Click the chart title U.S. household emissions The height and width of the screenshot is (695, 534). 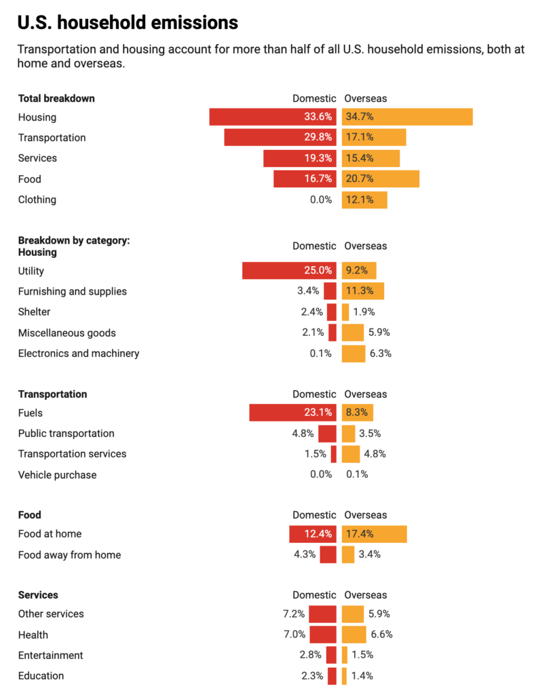pyautogui.click(x=128, y=23)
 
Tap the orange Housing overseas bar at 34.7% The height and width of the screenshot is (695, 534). pyautogui.click(x=407, y=117)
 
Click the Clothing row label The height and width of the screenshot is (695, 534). pyautogui.click(x=37, y=200)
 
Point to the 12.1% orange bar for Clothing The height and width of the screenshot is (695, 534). pyautogui.click(x=364, y=200)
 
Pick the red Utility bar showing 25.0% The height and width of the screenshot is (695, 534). pyautogui.click(x=289, y=271)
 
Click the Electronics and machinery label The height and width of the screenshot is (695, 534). pyautogui.click(x=79, y=353)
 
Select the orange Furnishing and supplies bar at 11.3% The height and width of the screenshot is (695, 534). pyautogui.click(x=363, y=291)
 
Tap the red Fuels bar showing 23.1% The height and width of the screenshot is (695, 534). pyautogui.click(x=292, y=413)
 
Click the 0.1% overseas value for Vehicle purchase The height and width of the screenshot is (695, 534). pyautogui.click(x=357, y=474)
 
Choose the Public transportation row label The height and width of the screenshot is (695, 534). pyautogui.click(x=66, y=433)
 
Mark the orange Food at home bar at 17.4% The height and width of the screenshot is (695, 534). pyautogui.click(x=374, y=534)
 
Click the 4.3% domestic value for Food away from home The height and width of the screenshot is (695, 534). pyautogui.click(x=305, y=555)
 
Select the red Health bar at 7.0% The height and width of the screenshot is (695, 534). pyautogui.click(x=322, y=635)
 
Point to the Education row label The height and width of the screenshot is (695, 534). pyautogui.click(x=41, y=675)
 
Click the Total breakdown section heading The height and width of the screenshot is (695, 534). pyautogui.click(x=56, y=98)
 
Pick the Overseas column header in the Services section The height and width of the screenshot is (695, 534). pyautogui.click(x=366, y=595)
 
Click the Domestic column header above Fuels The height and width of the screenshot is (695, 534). pyautogui.click(x=314, y=394)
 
